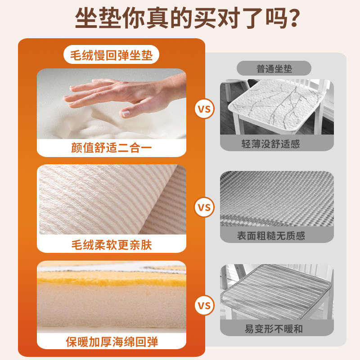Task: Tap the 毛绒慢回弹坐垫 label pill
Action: click(112, 55)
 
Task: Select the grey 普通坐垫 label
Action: click(274, 69)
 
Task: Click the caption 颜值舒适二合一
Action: click(112, 148)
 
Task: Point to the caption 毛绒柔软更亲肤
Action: click(112, 244)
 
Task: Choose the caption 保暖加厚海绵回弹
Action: click(112, 342)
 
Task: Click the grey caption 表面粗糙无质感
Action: click(277, 235)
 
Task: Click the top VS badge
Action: click(204, 109)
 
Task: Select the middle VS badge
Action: click(204, 208)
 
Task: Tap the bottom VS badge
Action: click(204, 306)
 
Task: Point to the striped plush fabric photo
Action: click(112, 199)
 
